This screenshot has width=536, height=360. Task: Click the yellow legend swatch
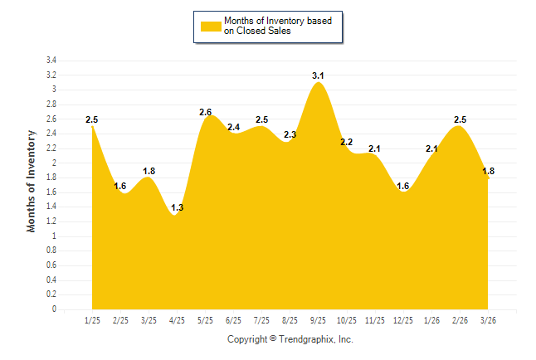(x=211, y=26)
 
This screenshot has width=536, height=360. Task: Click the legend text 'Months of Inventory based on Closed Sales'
(x=280, y=26)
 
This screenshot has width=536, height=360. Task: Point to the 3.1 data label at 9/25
(x=318, y=75)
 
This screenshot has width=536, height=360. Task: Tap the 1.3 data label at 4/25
(x=177, y=207)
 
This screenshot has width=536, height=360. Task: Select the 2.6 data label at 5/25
(x=206, y=113)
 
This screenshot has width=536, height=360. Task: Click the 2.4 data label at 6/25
(x=233, y=127)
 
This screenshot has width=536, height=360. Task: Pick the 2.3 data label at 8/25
(x=290, y=134)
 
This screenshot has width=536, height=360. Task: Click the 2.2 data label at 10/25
(x=346, y=142)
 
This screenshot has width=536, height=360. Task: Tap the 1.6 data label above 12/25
(x=403, y=186)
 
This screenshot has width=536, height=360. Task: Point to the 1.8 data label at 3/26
(x=489, y=171)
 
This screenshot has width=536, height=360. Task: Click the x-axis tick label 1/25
(x=92, y=320)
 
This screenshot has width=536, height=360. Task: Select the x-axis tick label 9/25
(x=318, y=320)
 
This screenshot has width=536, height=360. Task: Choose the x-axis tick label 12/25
(x=403, y=320)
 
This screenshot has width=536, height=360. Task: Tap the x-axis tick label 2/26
(x=460, y=320)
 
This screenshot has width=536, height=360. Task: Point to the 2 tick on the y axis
(x=54, y=163)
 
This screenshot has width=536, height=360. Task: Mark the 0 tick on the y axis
(x=54, y=309)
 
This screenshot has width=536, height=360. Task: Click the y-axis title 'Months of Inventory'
(x=32, y=180)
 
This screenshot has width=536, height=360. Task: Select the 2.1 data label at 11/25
(x=374, y=149)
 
